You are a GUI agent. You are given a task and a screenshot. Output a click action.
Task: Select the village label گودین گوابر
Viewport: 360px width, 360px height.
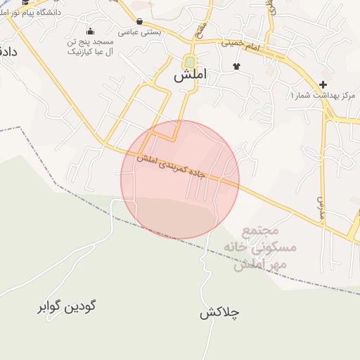click(x=67, y=307)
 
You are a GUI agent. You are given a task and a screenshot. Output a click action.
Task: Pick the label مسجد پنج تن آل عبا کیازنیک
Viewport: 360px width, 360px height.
click(x=90, y=47)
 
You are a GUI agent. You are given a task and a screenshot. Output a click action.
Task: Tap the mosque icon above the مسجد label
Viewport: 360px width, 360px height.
click(x=90, y=32)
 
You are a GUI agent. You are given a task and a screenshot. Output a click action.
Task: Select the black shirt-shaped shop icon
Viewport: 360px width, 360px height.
click(x=236, y=67)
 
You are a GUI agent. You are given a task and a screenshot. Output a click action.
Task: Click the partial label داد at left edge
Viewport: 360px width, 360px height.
click(x=8, y=51)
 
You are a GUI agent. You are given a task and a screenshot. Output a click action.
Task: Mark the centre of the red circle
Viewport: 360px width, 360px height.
click(x=180, y=179)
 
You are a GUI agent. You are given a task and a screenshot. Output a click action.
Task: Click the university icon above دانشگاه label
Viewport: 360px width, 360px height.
click(x=25, y=2)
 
